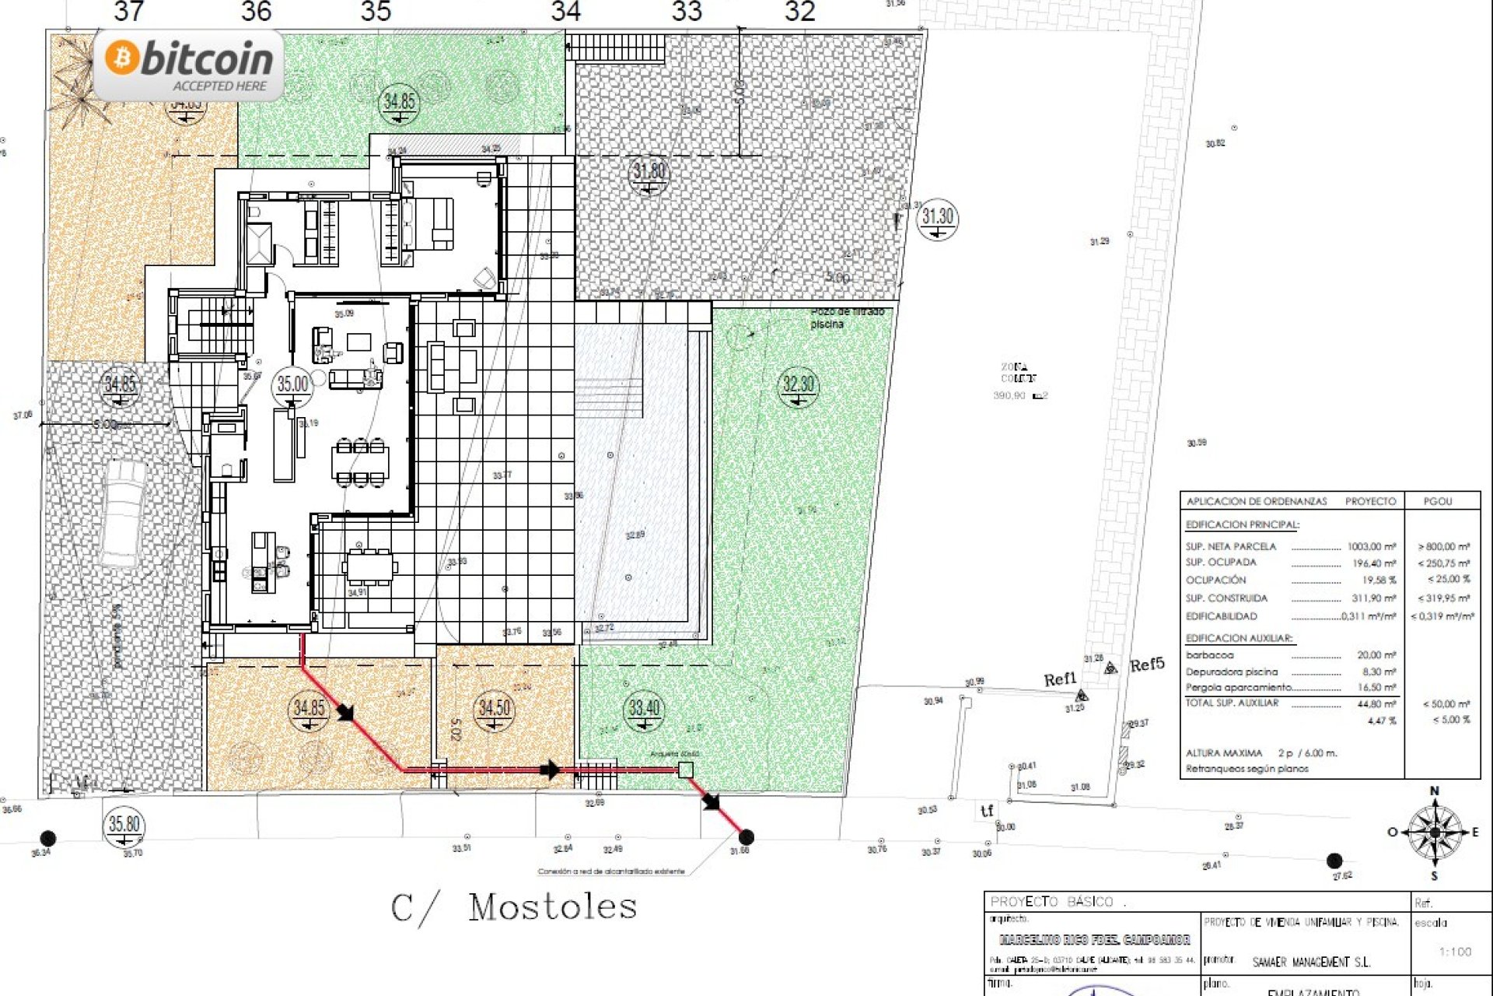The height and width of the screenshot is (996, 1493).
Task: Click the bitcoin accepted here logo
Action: click(x=189, y=65)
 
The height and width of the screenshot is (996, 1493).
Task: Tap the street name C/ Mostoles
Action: click(x=514, y=907)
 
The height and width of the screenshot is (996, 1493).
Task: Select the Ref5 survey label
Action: click(x=1147, y=665)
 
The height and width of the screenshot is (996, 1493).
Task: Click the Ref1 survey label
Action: click(x=1059, y=679)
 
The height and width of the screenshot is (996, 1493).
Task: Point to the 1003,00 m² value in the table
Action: click(x=1372, y=547)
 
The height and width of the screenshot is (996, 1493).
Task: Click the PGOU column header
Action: click(x=1438, y=501)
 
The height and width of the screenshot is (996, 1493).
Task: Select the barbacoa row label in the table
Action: click(x=1209, y=655)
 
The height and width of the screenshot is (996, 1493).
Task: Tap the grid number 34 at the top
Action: click(x=566, y=12)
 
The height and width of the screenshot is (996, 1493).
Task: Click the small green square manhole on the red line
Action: click(x=685, y=770)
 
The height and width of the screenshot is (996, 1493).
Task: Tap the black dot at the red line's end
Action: click(x=746, y=837)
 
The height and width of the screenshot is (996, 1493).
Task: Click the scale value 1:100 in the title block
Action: click(x=1455, y=952)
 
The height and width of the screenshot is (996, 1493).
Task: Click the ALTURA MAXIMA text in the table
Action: click(x=1224, y=753)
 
